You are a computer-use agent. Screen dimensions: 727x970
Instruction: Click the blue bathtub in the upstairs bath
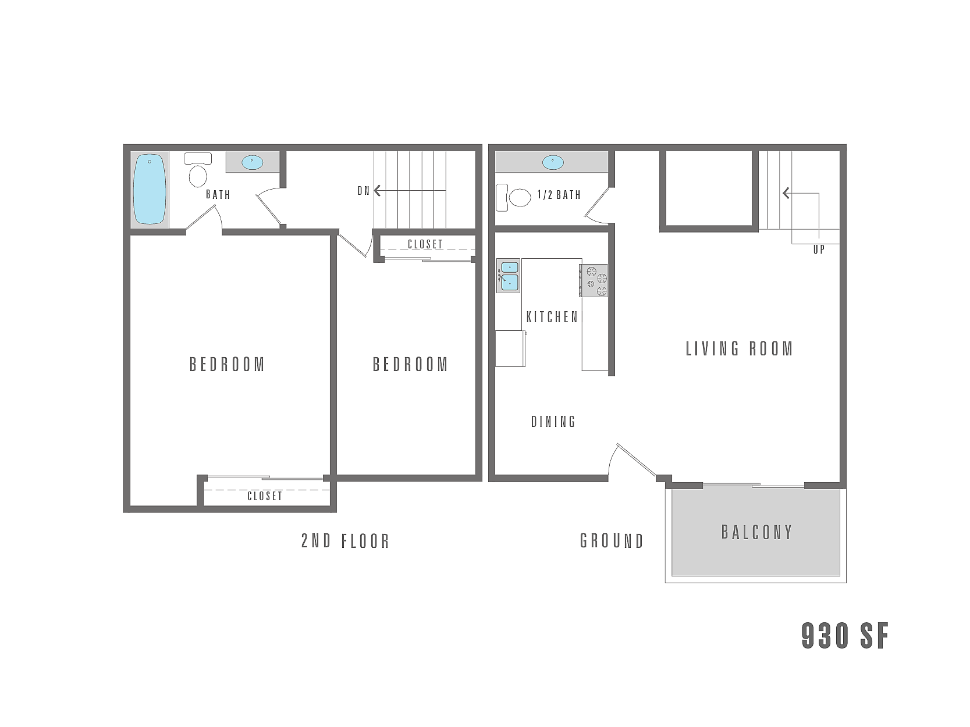(150, 190)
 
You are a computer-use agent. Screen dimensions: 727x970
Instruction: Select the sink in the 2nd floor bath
(252, 162)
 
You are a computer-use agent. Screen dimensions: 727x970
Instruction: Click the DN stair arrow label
(364, 191)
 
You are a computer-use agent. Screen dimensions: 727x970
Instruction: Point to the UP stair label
(819, 250)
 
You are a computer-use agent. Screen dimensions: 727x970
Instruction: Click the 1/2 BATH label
(559, 195)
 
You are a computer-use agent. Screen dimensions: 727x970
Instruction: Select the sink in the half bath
(552, 162)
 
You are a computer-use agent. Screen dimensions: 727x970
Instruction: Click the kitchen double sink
(509, 276)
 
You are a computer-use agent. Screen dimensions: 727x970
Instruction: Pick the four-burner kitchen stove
(594, 281)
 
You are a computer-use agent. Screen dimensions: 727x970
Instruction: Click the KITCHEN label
(552, 317)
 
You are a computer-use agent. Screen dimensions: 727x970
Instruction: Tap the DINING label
(553, 422)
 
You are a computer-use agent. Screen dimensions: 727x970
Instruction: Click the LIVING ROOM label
(740, 349)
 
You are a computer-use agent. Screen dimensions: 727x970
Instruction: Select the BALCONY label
(756, 532)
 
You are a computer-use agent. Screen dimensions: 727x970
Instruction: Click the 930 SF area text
(845, 636)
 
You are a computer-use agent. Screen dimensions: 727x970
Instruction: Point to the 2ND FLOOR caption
(345, 541)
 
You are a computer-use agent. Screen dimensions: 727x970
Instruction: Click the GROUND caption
(612, 541)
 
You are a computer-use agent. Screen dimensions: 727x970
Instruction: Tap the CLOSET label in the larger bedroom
(265, 496)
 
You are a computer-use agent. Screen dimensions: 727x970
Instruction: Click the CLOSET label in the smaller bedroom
(425, 244)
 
